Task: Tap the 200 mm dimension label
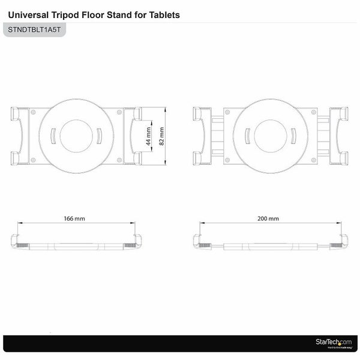pyautogui.click(x=268, y=219)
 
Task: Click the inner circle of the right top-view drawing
pyautogui.click(x=270, y=136)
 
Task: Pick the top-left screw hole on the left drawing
pyautogui.click(x=33, y=112)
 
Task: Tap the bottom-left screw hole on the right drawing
pyautogui.click(x=227, y=160)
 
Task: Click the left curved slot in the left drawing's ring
pyautogui.click(x=53, y=136)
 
